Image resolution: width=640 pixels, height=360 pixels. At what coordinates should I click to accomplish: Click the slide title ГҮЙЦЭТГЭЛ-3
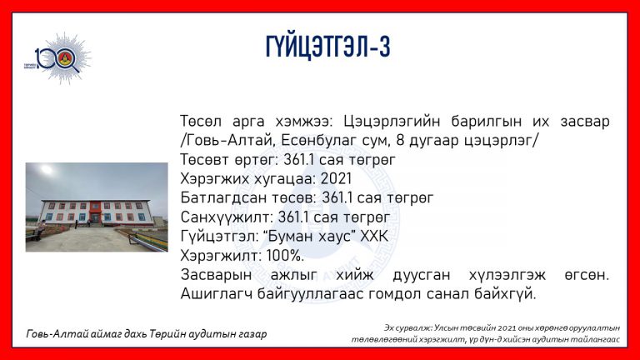point(327,47)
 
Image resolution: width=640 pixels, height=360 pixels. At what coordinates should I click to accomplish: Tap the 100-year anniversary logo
point(58,59)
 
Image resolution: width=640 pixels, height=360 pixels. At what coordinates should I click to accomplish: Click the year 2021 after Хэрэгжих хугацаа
point(336,179)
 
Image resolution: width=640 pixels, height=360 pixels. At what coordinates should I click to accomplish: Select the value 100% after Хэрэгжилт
point(285,256)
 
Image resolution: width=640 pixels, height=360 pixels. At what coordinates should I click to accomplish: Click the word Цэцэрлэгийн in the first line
point(392,121)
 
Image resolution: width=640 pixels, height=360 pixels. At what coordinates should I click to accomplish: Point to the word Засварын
point(216,275)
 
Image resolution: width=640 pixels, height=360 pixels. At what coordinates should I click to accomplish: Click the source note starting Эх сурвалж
point(486,333)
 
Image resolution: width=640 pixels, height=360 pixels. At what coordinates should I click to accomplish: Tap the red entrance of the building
point(96,212)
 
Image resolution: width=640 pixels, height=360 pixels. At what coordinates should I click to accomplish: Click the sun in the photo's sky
point(47,169)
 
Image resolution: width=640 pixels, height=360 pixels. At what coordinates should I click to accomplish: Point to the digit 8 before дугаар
point(400,141)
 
